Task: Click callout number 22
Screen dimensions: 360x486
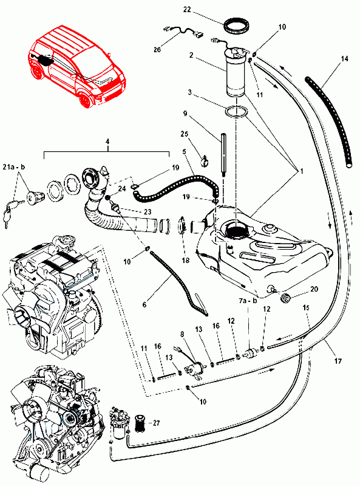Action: coord(187,9)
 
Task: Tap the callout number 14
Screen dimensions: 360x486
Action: coord(345,58)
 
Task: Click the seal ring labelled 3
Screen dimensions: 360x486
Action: coord(236,112)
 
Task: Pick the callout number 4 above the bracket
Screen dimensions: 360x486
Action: coord(107,142)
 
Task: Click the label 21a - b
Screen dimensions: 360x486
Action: coord(14,167)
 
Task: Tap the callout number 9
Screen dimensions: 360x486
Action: coord(185,114)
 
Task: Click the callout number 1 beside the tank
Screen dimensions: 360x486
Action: coord(301,171)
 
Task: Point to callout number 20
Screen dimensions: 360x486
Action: coord(314,289)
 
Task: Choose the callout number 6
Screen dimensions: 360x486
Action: coord(144,305)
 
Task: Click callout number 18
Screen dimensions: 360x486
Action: coord(186,261)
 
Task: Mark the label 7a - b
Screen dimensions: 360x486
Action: coord(248,301)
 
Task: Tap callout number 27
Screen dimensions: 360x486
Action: coord(156,423)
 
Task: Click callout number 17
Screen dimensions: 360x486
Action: coord(338,361)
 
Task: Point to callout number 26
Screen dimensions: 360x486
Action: coord(157,49)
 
